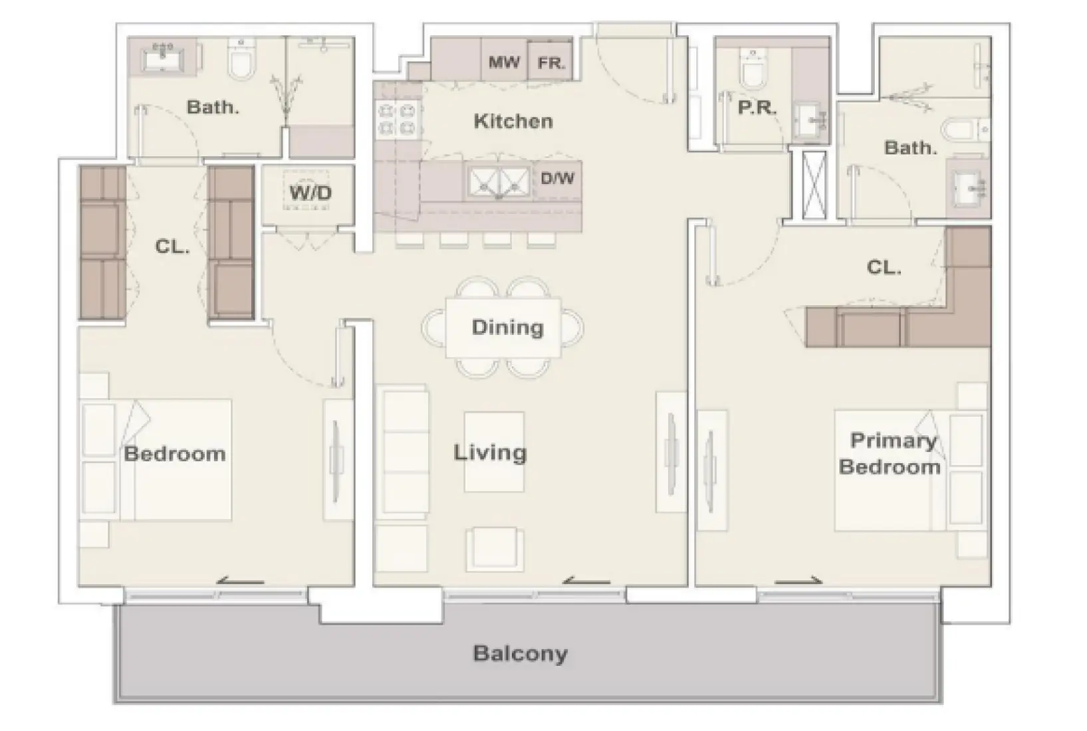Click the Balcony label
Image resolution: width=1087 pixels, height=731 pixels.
(520, 653)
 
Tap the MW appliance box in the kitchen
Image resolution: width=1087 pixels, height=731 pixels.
(503, 62)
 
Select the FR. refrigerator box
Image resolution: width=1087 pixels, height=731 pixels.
(550, 62)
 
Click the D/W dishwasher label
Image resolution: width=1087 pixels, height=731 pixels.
(557, 179)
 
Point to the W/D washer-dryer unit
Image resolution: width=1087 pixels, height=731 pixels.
(310, 194)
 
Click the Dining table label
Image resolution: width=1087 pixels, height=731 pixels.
(507, 327)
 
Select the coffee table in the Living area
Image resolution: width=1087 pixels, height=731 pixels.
(493, 452)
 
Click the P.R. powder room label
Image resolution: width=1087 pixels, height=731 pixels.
(757, 108)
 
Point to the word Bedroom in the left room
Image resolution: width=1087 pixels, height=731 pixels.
(174, 454)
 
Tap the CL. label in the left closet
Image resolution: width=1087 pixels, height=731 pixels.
(172, 247)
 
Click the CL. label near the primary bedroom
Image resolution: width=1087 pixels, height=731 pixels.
(884, 267)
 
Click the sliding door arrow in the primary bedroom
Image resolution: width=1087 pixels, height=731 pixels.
(798, 581)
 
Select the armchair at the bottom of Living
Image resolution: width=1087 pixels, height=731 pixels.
(494, 548)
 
